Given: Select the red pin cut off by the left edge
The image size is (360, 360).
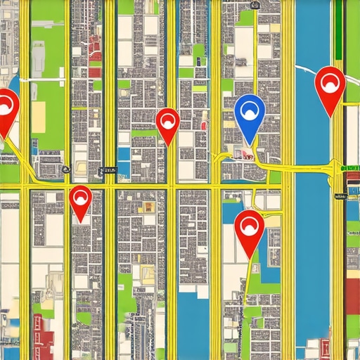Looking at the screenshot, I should (x=6, y=109).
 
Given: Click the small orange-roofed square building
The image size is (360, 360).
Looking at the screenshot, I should (x=148, y=207).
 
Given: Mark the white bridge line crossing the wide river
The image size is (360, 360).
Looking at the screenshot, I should (x=309, y=69).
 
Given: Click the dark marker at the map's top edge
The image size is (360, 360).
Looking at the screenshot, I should (x=255, y=6).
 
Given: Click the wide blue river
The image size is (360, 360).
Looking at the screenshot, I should (x=313, y=246).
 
